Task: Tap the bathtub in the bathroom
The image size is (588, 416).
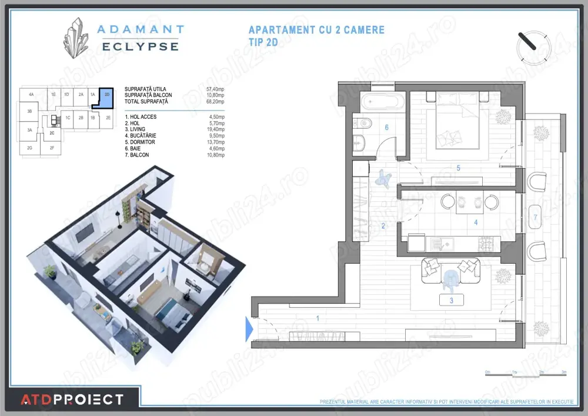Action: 382,102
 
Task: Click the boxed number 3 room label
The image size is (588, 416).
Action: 451,300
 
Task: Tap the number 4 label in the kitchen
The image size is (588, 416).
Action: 476,222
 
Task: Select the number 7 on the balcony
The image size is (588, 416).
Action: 535,218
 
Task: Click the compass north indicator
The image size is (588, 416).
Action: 534,46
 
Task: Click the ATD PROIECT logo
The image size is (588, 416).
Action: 72,400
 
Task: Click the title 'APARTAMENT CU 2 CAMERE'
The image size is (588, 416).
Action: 316,29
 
